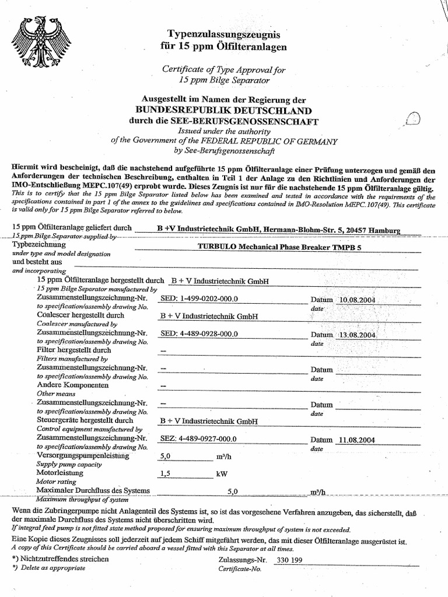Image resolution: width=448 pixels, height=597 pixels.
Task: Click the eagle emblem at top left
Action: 44,40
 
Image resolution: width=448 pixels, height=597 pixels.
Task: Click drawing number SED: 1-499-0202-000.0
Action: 199,299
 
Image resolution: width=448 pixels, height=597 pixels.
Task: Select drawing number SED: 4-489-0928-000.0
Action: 199,334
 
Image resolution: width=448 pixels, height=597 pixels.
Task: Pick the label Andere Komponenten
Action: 73,386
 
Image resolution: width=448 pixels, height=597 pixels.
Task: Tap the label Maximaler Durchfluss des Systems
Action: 93,491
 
